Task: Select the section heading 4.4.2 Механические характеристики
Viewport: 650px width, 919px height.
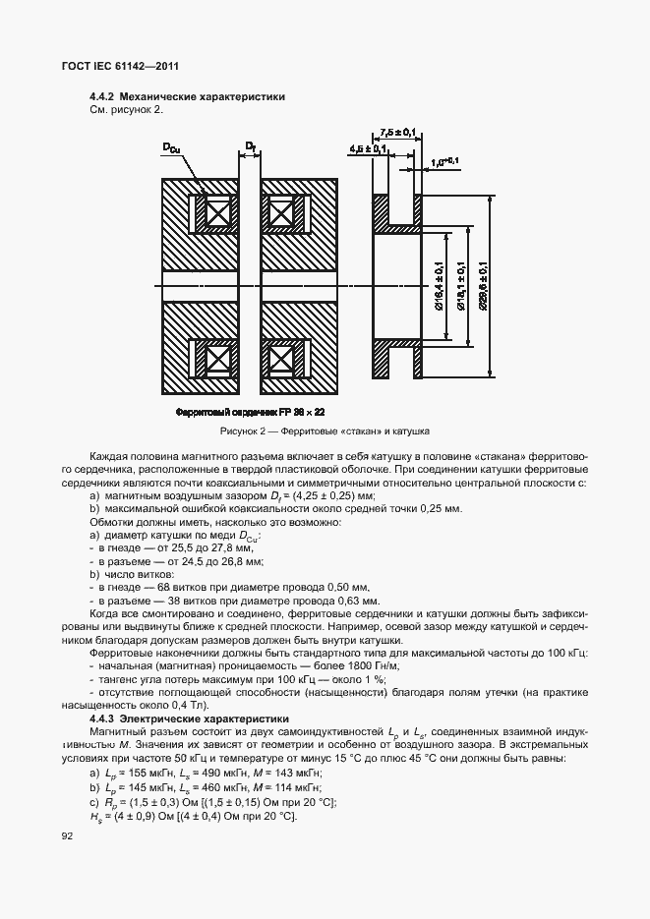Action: (x=187, y=97)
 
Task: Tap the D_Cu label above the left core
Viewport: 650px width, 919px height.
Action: (x=172, y=148)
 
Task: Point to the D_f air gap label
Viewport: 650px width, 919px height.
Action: (x=251, y=147)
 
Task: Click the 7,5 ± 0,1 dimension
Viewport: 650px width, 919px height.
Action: (x=397, y=132)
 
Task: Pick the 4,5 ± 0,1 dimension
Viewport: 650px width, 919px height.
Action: (x=368, y=148)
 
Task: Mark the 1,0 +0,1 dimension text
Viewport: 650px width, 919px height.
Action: (x=444, y=160)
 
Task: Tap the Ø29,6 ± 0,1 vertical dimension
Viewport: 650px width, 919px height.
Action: (x=484, y=286)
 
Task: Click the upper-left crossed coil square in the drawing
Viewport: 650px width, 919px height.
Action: (x=216, y=212)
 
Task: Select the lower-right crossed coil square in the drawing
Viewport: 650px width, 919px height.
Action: (x=282, y=356)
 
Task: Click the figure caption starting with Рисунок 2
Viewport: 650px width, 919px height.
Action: (x=324, y=431)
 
